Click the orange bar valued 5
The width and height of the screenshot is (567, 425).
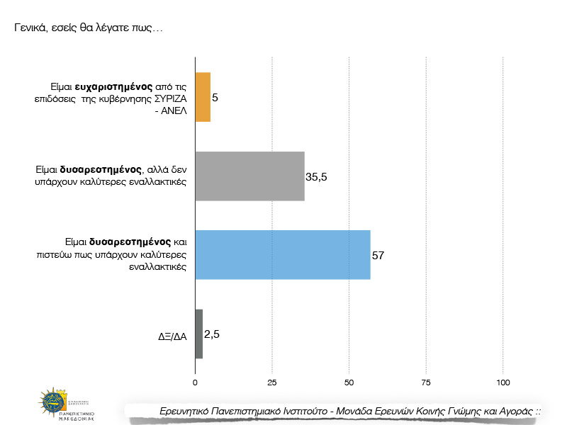(x=203, y=97)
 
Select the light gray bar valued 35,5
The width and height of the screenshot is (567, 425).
(x=249, y=176)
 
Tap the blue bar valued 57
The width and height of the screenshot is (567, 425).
(x=282, y=255)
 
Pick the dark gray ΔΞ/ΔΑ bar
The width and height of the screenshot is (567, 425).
(x=198, y=334)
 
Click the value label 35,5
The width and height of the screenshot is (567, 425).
(x=316, y=176)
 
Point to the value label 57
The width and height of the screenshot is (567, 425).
(x=378, y=255)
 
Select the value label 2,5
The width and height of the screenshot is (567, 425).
(x=212, y=334)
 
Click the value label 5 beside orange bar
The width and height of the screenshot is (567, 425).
(x=215, y=97)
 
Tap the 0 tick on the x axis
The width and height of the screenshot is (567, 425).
(x=195, y=382)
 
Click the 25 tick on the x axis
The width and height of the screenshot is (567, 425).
(x=272, y=382)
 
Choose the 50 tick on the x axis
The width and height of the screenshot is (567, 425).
(x=349, y=382)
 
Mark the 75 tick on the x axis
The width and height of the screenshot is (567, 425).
(x=426, y=382)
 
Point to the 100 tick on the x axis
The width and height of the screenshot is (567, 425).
(x=503, y=382)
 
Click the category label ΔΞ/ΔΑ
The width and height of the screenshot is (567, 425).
(x=172, y=337)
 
